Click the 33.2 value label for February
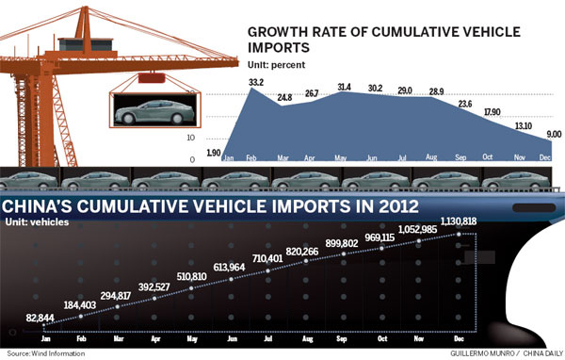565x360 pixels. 255,82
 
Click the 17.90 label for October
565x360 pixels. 487,112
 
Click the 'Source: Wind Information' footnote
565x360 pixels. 44,353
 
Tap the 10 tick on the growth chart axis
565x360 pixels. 218,138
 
